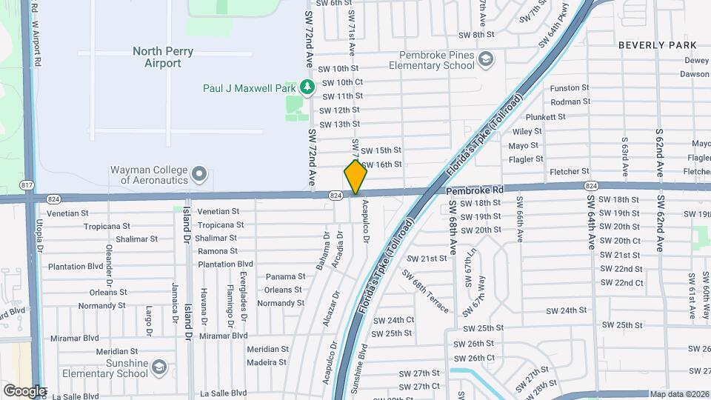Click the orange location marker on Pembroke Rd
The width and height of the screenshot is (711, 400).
[x=355, y=176]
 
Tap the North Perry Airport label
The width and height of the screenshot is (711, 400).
[x=157, y=57]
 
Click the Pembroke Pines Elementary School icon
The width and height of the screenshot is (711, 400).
[x=486, y=59]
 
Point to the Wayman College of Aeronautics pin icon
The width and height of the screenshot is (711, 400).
[x=198, y=174]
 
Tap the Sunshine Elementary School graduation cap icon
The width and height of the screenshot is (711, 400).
[x=158, y=367]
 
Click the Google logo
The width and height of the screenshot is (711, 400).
[x=24, y=390]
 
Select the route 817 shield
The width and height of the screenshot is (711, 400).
[x=28, y=184]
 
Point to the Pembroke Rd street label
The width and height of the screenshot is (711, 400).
[x=475, y=190]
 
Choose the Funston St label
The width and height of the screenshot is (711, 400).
[x=570, y=88]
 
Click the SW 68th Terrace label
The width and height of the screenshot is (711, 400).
[x=426, y=286]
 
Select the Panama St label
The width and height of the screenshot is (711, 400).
[x=285, y=276]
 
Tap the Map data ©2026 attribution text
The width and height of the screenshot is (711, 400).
[x=678, y=394]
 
